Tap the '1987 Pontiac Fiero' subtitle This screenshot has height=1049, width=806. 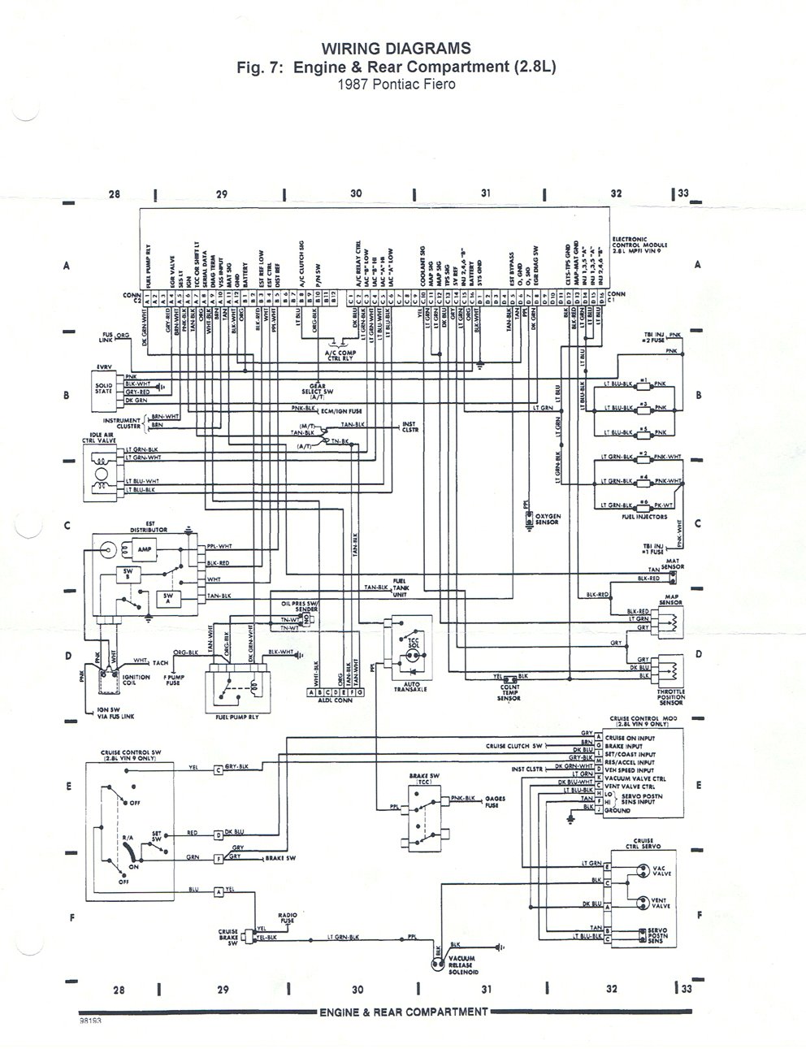[x=395, y=83]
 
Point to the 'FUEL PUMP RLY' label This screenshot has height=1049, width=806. [x=232, y=718]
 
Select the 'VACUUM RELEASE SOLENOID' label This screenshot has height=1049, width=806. [x=468, y=968]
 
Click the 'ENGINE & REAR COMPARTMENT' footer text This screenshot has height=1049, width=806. [x=402, y=1012]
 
